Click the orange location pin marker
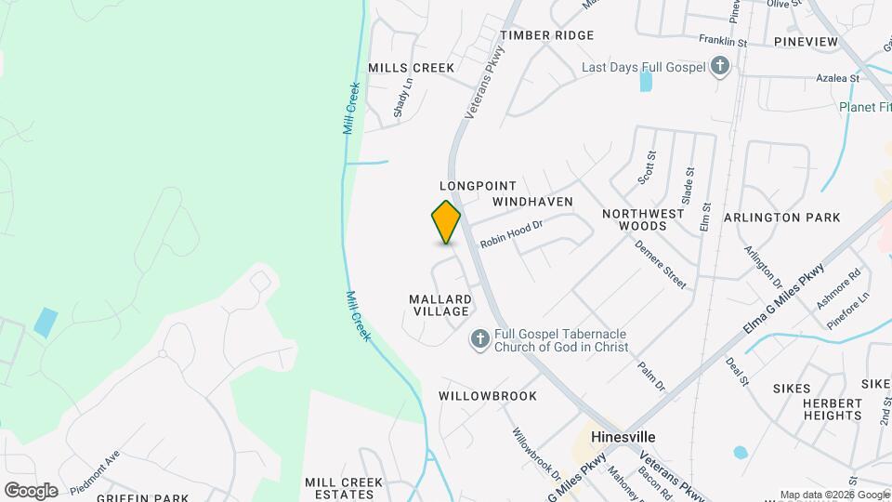pos(446,221)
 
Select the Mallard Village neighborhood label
pos(440,305)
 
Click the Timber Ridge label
pos(546,35)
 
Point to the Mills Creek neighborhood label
pos(412,68)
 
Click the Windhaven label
pos(532,202)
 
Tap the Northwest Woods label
pos(642,219)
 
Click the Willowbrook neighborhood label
pos(488,396)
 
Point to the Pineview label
pos(806,42)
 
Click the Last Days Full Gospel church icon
pos(719,66)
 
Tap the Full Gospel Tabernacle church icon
pos(479,339)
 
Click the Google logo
pos(31,490)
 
